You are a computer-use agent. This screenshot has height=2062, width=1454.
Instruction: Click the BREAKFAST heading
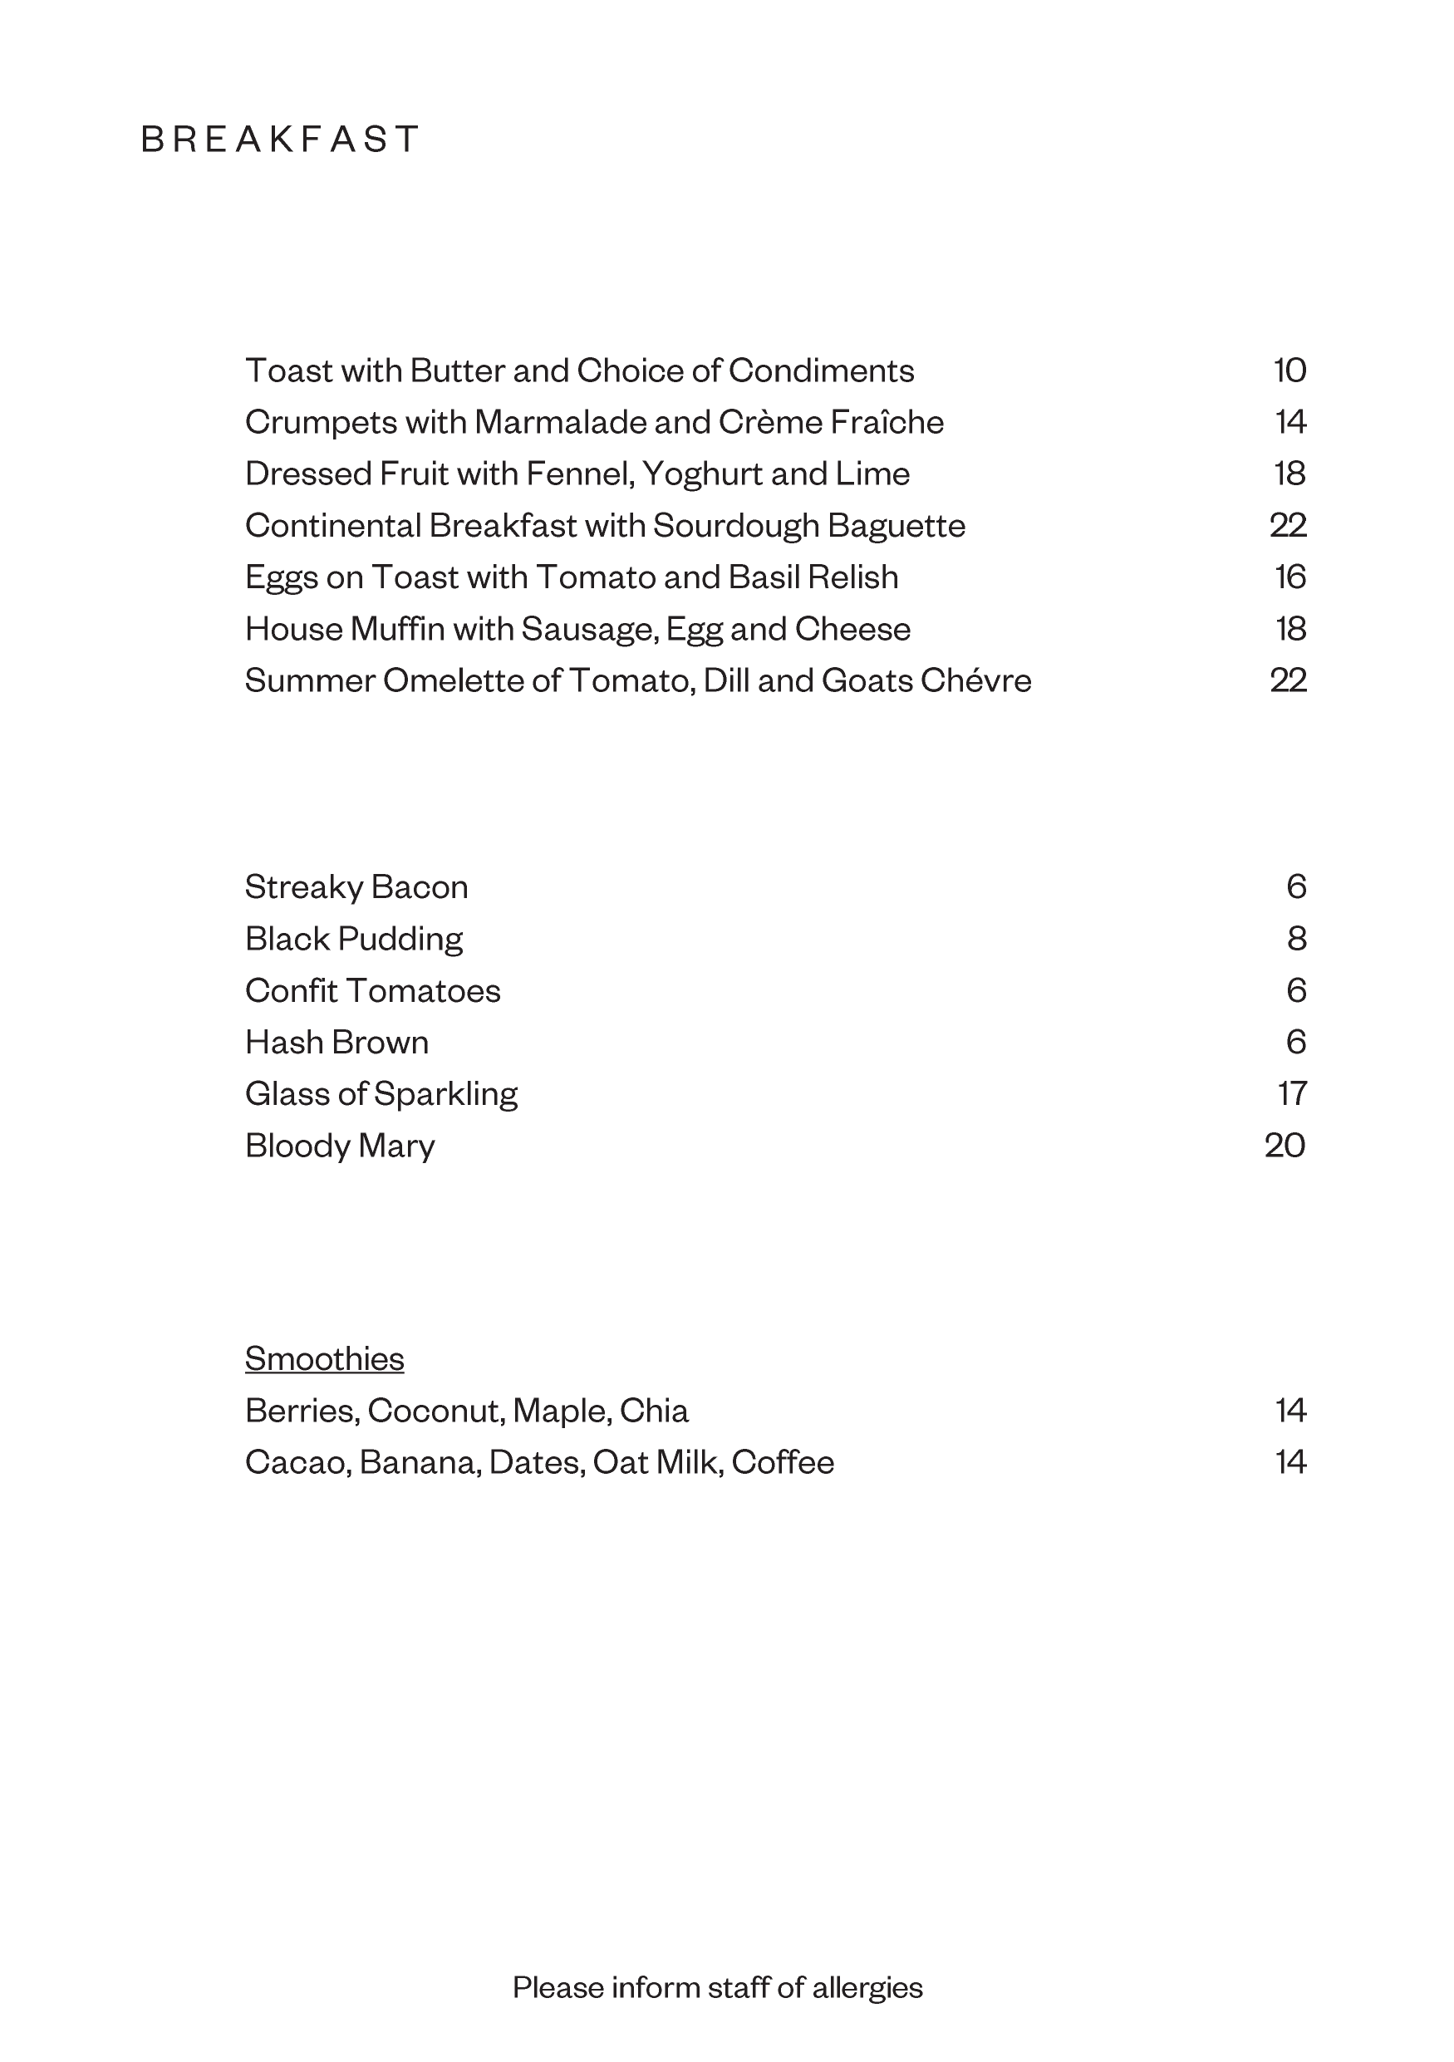[280, 140]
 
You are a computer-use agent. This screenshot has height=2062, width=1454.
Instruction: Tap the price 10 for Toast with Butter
[1289, 371]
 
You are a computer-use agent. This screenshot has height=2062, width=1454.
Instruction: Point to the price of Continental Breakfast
[1288, 525]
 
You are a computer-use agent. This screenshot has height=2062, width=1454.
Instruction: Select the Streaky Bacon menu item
[356, 887]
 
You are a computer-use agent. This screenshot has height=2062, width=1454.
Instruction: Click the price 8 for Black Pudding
[1296, 939]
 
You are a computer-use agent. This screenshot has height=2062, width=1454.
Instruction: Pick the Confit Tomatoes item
[373, 990]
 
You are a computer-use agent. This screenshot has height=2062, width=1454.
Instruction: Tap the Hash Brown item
[336, 1043]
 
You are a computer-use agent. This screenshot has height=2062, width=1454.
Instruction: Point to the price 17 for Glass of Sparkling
[1291, 1094]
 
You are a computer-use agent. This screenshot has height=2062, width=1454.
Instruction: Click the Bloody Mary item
[340, 1146]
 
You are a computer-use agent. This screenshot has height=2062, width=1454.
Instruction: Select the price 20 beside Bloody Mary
[1285, 1146]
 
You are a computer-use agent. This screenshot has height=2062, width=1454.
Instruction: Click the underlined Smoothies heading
[324, 1359]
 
